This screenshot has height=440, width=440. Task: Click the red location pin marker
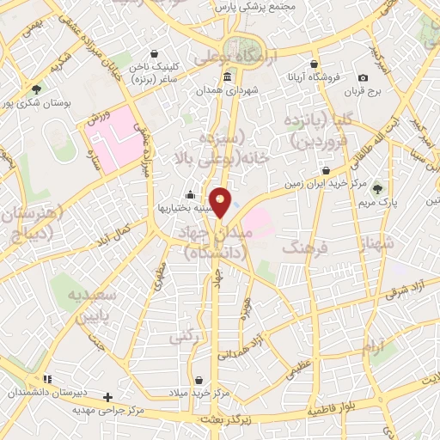click(x=222, y=202)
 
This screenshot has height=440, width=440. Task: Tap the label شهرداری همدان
click(x=225, y=89)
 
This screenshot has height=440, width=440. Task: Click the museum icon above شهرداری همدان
click(x=226, y=77)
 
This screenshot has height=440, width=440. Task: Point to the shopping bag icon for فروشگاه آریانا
click(x=315, y=64)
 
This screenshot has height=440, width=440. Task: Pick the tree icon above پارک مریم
click(x=379, y=188)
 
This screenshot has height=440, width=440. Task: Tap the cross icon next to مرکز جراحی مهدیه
click(x=107, y=397)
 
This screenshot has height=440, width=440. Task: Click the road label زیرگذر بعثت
click(x=225, y=419)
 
